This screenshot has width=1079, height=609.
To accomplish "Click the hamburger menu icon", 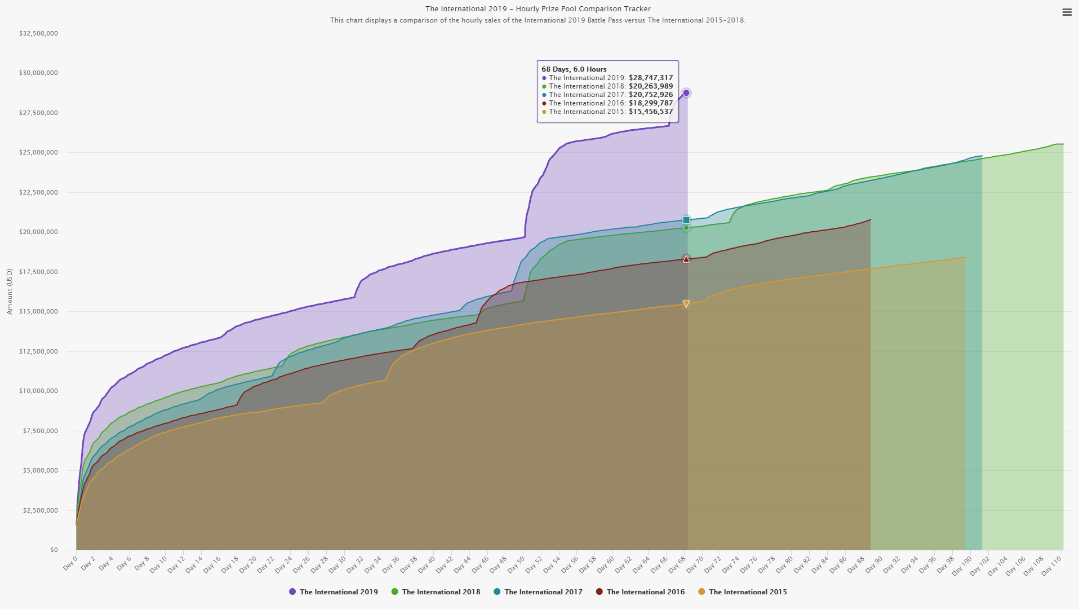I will click(1067, 12).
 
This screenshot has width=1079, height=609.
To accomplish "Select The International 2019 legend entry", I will click(338, 592).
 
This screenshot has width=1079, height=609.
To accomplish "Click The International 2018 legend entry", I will click(441, 592).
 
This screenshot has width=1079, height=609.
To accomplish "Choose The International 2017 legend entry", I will click(543, 592).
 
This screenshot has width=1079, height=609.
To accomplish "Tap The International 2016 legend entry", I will click(645, 592).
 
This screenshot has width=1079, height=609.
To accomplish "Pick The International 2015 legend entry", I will click(748, 592).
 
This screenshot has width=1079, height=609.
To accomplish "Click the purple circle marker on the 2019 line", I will click(686, 93).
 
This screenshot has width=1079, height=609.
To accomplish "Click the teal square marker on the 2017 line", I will click(686, 220).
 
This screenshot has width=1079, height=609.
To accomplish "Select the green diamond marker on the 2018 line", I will click(686, 228).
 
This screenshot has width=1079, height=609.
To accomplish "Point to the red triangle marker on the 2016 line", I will click(686, 259).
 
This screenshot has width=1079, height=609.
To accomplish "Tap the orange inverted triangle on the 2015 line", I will click(686, 304).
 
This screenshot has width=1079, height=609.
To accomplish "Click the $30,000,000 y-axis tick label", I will click(38, 73).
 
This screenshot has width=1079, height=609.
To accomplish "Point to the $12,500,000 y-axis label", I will click(38, 351).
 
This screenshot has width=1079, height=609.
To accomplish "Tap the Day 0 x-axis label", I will click(70, 564).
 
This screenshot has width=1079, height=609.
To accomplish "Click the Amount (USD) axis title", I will click(10, 292).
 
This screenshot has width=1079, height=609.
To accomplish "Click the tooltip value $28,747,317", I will click(651, 78).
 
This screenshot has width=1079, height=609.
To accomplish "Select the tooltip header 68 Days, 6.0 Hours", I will click(574, 69).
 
